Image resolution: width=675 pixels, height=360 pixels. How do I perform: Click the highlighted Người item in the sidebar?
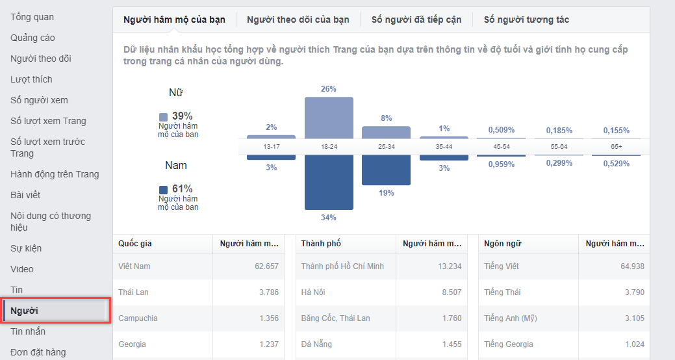click(x=24, y=311)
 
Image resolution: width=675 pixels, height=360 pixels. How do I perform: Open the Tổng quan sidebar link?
click(x=32, y=17)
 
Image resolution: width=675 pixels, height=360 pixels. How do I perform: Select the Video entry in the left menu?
click(x=21, y=269)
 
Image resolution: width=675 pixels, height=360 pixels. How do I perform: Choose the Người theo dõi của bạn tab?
click(x=298, y=19)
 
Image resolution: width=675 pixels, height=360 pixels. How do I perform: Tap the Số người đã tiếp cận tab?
click(x=416, y=19)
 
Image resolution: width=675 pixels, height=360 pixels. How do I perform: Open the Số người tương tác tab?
click(x=526, y=19)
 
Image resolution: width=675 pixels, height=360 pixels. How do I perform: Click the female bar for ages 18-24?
click(x=329, y=117)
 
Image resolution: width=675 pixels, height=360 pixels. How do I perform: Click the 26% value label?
click(x=329, y=89)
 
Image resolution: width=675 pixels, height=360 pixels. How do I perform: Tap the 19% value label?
click(x=386, y=193)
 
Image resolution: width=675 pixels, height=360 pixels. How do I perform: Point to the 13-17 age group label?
click(x=272, y=147)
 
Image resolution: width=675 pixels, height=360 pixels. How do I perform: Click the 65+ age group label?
click(x=616, y=147)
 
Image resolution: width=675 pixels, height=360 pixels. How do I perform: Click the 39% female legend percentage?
click(x=183, y=116)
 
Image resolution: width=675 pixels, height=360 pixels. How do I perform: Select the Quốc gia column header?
click(x=135, y=244)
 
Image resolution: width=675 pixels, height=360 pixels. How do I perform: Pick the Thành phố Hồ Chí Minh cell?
click(x=342, y=266)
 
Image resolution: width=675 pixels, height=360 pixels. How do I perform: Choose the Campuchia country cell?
click(x=138, y=318)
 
